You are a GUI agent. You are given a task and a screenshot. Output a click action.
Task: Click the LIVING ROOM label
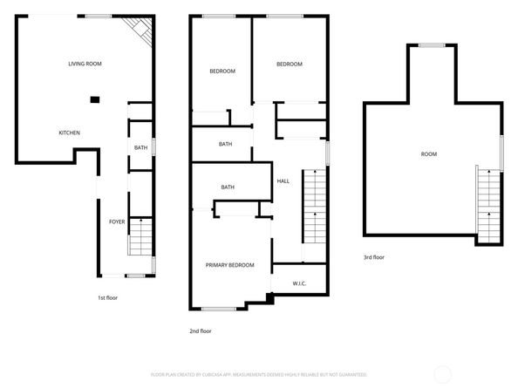pos(85,64)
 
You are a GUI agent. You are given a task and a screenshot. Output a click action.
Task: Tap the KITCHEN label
pos(70,133)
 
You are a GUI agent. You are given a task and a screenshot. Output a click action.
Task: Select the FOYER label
pos(117,222)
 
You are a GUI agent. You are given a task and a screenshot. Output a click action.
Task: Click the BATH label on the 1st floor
pos(140,148)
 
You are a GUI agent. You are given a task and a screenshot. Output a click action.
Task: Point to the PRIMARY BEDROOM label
pos(229,265)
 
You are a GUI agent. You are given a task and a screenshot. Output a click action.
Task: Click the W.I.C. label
pos(287,283)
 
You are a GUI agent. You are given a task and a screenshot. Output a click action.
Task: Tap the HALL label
pos(283,180)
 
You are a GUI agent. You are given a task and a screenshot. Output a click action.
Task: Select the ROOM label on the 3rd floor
pos(429,154)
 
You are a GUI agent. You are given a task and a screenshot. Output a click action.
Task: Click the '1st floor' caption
pos(107,298)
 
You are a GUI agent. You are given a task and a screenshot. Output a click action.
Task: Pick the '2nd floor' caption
pos(201,331)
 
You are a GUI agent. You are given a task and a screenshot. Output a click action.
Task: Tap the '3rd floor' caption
pos(375,257)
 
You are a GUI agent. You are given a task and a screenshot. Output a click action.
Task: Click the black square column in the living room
pos(95,99)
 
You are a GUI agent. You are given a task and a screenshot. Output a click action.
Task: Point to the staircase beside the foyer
pos(140,236)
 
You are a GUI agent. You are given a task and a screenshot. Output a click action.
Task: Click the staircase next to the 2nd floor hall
pos(313,209)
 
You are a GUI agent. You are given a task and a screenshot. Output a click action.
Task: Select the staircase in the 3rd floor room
pos(488,206)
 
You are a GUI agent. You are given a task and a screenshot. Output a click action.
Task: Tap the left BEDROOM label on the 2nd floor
pos(222,71)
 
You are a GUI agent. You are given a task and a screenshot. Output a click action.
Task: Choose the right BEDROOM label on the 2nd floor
pos(289,64)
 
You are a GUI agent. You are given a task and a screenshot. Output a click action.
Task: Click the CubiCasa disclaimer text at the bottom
pos(258,374)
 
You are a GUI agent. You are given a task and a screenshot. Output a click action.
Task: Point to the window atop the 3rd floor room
pos(431,44)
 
